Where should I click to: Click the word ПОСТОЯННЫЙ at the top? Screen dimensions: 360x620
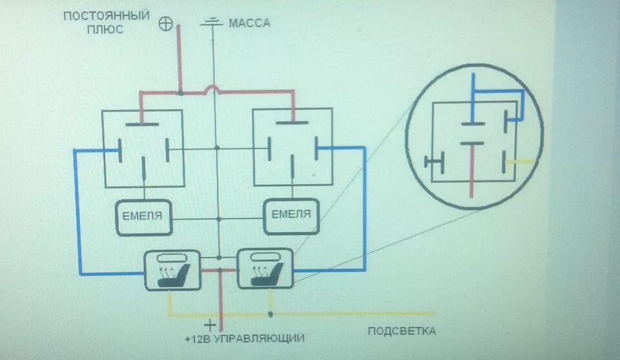click(x=106, y=15)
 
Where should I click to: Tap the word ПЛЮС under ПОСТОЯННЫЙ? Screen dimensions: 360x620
click(x=106, y=29)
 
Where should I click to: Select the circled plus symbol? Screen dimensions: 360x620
click(x=166, y=24)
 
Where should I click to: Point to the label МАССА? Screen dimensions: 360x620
click(x=249, y=23)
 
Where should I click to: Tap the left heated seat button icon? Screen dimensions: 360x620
click(x=172, y=270)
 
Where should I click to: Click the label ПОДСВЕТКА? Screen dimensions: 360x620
click(x=401, y=331)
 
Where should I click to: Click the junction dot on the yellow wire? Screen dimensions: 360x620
click(x=271, y=315)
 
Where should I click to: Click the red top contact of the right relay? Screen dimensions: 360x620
click(x=294, y=120)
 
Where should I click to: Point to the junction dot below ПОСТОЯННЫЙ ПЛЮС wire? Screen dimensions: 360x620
click(x=180, y=94)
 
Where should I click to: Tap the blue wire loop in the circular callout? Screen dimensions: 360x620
click(x=497, y=91)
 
